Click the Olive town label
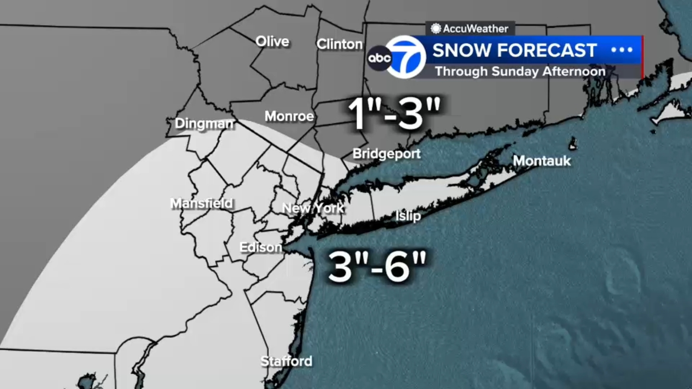tap(272, 41)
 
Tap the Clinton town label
tap(340, 44)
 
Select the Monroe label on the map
tap(289, 116)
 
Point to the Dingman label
tap(204, 124)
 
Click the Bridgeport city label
tap(386, 153)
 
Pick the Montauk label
tap(541, 161)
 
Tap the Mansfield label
tap(202, 203)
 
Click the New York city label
tap(313, 208)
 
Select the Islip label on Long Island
tap(408, 216)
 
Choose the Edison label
tap(260, 247)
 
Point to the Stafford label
tap(286, 361)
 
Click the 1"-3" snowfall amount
tap(394, 113)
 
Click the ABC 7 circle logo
tap(405, 57)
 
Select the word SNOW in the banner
tap(461, 51)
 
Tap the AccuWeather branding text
tap(475, 29)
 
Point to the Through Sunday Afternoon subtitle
tap(520, 71)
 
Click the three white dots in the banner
tap(622, 50)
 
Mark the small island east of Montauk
tap(573, 144)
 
